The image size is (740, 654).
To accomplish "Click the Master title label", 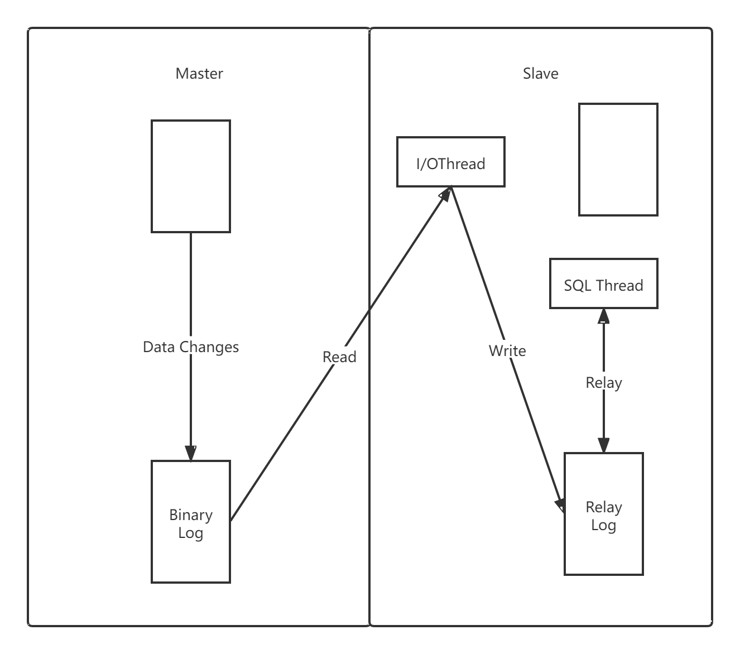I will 199,74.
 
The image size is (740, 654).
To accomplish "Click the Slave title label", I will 540,74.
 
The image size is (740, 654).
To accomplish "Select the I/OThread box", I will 450,162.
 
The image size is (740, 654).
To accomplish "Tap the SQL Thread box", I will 603,283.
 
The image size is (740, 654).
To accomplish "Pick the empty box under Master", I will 191,176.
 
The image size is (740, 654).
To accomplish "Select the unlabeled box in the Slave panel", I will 618,159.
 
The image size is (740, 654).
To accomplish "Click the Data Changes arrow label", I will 191,347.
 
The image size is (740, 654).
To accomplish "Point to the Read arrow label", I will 339,357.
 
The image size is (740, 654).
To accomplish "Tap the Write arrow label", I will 507,351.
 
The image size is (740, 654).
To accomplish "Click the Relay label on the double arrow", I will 603,383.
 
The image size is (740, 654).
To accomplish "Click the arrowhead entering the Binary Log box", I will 191,454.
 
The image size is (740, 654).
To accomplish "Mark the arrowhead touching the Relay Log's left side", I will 560,504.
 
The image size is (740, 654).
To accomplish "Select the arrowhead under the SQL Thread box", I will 603,315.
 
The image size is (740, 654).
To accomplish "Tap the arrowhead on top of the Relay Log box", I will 603,445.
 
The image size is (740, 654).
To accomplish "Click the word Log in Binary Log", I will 191,533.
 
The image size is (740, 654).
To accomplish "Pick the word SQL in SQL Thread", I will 576,286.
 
